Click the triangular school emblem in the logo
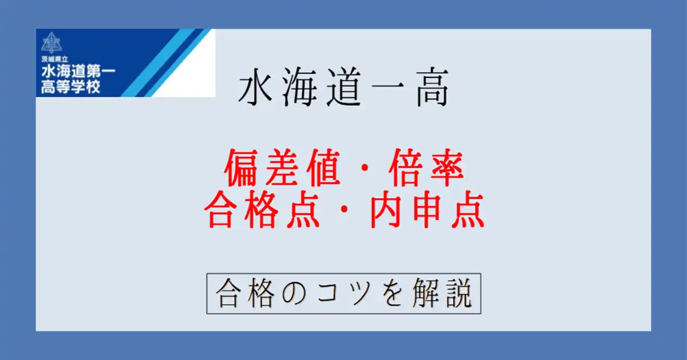(x=52, y=42)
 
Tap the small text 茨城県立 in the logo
(x=54, y=59)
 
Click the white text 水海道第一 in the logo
(x=78, y=72)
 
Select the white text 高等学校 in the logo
(x=71, y=87)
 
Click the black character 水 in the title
(x=255, y=87)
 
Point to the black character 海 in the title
(x=299, y=87)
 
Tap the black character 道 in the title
(x=343, y=87)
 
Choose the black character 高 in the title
(x=432, y=87)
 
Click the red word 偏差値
(x=282, y=168)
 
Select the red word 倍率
(x=427, y=168)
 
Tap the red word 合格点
(x=263, y=209)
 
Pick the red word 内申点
(x=428, y=209)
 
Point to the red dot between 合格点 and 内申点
(x=345, y=209)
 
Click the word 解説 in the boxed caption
(x=442, y=293)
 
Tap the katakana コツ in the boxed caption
(x=343, y=294)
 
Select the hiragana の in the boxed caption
(x=294, y=294)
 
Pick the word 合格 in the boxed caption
(x=246, y=293)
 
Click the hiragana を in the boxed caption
(x=392, y=293)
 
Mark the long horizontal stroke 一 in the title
(x=388, y=88)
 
